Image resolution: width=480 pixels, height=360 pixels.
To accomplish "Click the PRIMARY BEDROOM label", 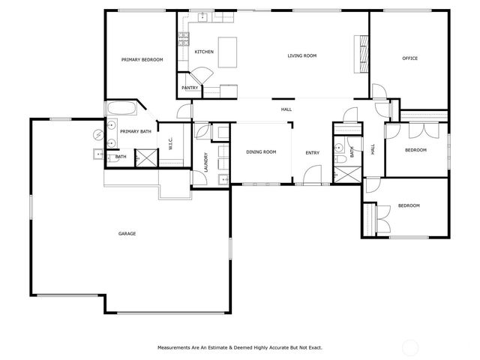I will coord(142,59).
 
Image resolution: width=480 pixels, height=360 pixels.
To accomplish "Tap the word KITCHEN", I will coord(204,52).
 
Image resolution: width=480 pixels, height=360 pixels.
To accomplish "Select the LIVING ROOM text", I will coord(302,55).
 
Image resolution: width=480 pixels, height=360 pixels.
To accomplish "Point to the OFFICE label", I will coord(409,58).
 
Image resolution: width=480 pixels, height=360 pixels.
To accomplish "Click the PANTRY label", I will coord(190,88).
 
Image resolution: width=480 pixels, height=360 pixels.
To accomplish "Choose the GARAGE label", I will coord(127,234).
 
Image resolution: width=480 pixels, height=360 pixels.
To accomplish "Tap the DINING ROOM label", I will coord(261,152).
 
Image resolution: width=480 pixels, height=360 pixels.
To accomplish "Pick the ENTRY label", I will coord(312,153).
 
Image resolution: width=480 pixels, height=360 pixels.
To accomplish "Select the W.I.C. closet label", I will coord(171,143).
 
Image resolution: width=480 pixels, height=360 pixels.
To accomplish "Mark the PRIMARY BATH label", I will coord(136,132).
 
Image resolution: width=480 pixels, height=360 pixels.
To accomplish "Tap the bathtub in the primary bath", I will coord(121,108).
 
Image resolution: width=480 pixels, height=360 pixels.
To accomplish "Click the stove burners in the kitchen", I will coord(181,40).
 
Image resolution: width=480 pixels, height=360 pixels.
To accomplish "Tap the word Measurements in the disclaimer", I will coord(174,347).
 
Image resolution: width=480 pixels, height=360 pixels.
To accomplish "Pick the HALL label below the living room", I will coord(286,110).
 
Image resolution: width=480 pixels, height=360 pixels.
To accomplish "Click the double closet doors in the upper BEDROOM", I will coord(418,130).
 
